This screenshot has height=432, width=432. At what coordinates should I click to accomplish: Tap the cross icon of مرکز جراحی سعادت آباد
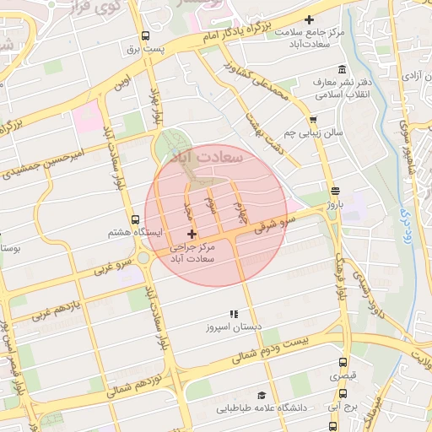[x=192, y=234]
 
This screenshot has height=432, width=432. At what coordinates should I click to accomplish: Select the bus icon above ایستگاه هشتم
[x=136, y=219]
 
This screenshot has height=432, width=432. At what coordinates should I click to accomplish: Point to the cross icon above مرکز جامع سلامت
[x=310, y=19]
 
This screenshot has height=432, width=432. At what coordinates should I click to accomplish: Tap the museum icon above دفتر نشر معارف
[x=342, y=69]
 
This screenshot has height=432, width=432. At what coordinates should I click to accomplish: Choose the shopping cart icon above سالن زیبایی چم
[x=313, y=121]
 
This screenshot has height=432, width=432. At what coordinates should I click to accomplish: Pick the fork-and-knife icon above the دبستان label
[x=234, y=313]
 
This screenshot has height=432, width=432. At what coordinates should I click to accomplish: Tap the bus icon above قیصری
[x=342, y=361]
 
